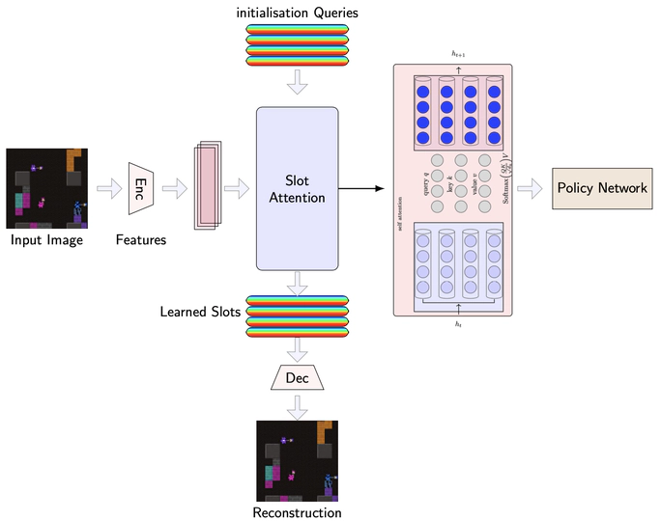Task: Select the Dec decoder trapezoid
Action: [297, 378]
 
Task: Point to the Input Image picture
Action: [47, 188]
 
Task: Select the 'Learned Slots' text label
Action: [200, 312]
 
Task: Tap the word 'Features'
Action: [141, 239]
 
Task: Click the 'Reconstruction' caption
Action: [297, 512]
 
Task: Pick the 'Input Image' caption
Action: [47, 239]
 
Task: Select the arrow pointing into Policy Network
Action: [531, 189]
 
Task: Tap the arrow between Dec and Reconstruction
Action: [297, 406]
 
